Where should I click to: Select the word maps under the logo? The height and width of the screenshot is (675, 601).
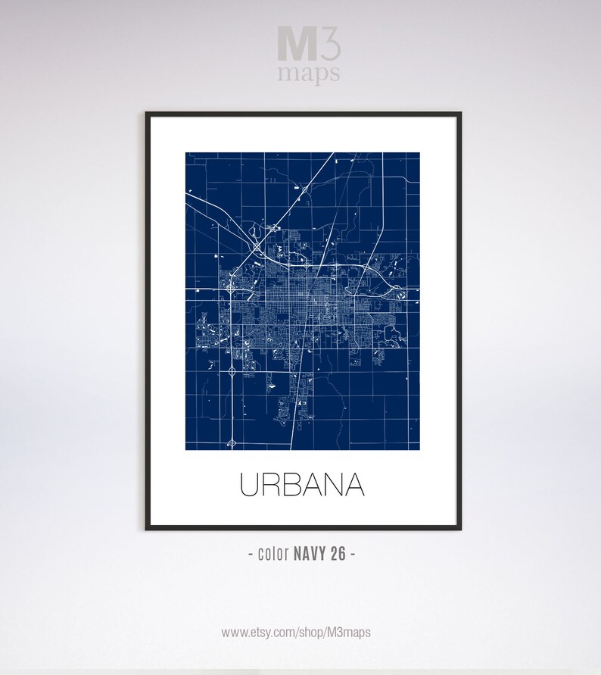(308, 74)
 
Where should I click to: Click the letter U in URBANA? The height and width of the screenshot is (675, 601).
(251, 486)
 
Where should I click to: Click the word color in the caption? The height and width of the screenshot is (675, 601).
(274, 554)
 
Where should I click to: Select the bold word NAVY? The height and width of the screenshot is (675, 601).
(311, 554)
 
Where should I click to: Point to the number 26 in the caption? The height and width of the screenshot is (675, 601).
(338, 554)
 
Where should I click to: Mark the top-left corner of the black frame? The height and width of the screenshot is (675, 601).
(147, 114)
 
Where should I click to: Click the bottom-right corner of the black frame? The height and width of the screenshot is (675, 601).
(459, 528)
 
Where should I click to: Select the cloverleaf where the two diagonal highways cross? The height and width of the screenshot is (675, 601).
(257, 248)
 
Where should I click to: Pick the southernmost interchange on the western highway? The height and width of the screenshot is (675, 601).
(232, 439)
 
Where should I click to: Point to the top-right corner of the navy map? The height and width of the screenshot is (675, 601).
(419, 153)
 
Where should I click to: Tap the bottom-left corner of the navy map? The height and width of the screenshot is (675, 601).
(186, 449)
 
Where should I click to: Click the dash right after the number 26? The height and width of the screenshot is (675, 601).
(352, 554)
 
